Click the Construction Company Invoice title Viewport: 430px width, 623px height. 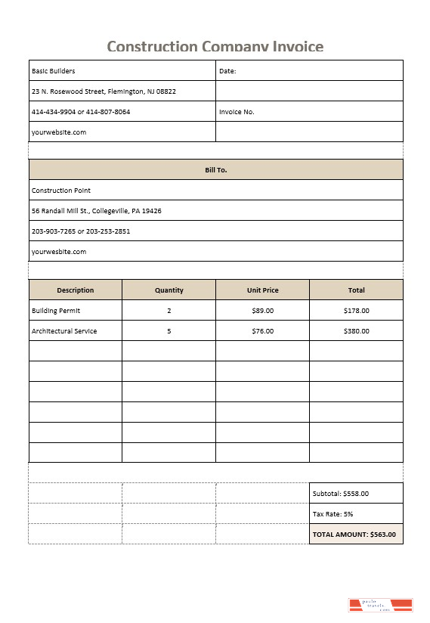pos(215,47)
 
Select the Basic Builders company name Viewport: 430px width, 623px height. pos(54,71)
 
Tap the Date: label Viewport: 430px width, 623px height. pos(227,71)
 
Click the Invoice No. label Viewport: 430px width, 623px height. pos(237,112)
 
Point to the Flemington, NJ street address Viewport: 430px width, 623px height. pos(104,91)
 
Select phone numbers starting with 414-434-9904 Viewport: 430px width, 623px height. pos(81,112)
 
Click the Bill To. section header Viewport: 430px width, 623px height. pos(215,170)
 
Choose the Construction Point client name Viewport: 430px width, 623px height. pos(61,191)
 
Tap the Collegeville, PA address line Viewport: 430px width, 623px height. pos(96,211)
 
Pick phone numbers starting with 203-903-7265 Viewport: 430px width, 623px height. pos(81,231)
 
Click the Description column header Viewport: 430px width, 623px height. pos(76,290)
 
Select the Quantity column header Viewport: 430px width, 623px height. pos(169,290)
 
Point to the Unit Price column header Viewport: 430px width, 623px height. pos(262,290)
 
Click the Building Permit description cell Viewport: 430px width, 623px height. pos(56,311)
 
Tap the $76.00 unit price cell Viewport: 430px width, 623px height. pos(262,331)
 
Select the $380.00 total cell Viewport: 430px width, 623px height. pos(356,331)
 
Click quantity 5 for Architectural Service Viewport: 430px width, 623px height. pos(169,331)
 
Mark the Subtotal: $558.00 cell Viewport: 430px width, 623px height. pos(341,494)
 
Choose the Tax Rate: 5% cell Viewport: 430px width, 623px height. pos(333,514)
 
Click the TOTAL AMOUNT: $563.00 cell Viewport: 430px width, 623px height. pos(354,535)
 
